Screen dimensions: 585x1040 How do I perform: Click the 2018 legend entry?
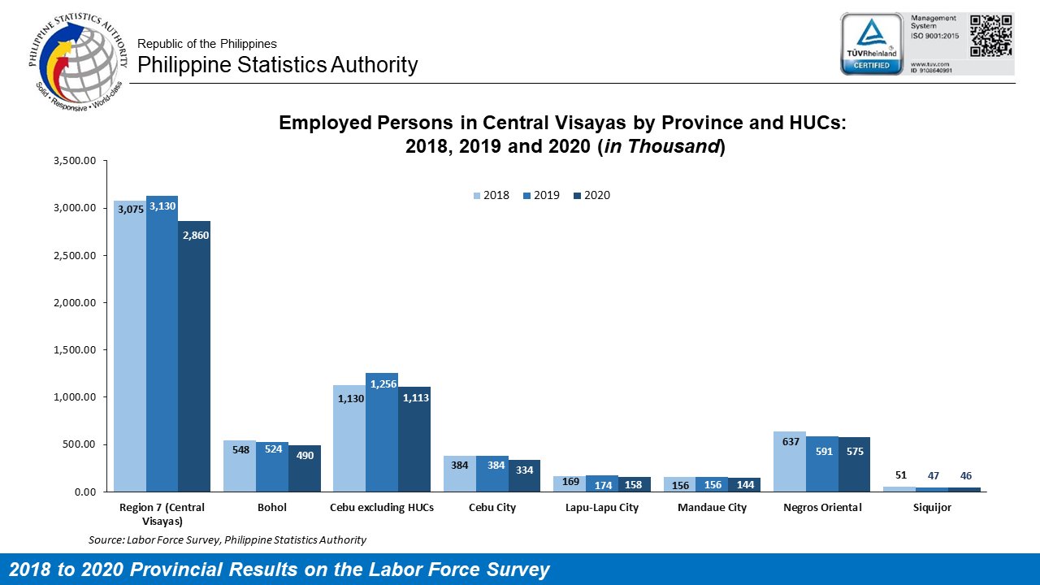click(492, 195)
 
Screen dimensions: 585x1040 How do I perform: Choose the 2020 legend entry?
click(591, 195)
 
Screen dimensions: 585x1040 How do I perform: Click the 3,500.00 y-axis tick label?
click(75, 161)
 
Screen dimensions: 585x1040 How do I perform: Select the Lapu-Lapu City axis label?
click(602, 508)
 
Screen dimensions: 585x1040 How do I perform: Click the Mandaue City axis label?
click(712, 508)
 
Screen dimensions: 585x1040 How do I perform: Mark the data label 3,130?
click(162, 206)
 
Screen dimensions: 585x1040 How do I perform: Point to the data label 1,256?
click(382, 383)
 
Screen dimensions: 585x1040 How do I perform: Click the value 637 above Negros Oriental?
click(791, 442)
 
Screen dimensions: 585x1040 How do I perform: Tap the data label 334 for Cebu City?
click(525, 470)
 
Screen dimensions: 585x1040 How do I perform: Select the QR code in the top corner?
click(991, 35)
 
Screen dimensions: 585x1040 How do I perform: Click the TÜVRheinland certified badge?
click(872, 43)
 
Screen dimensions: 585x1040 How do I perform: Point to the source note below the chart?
click(227, 539)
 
